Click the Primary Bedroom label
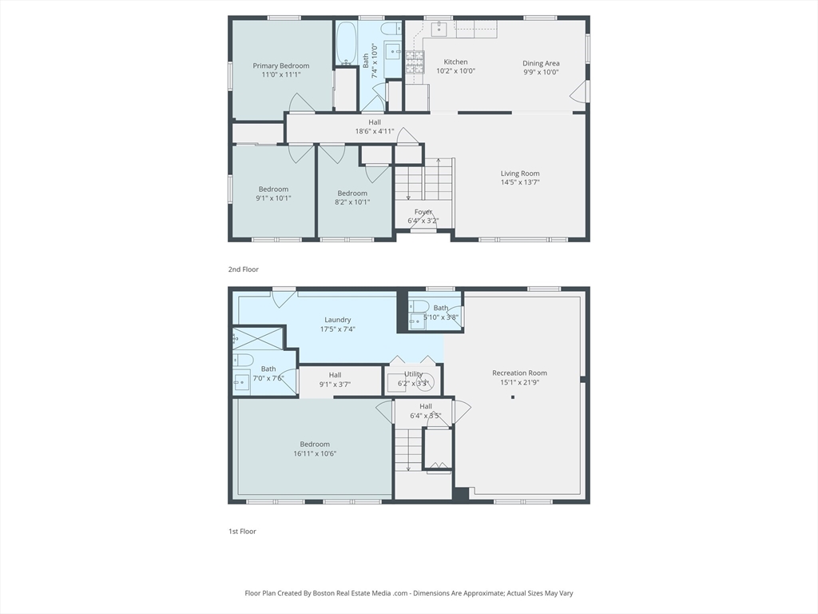pyautogui.click(x=280, y=66)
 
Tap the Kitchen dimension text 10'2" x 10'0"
pyautogui.click(x=455, y=71)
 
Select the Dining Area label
pyautogui.click(x=541, y=63)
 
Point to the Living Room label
pyautogui.click(x=520, y=173)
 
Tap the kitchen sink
pyautogui.click(x=440, y=29)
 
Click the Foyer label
pyautogui.click(x=423, y=211)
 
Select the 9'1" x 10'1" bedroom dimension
pyautogui.click(x=273, y=198)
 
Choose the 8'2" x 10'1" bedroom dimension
pyautogui.click(x=352, y=202)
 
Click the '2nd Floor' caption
pyautogui.click(x=243, y=269)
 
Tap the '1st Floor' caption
pyautogui.click(x=242, y=532)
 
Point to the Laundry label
pyautogui.click(x=338, y=320)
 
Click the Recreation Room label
pyautogui.click(x=519, y=373)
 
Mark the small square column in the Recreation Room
pyautogui.click(x=513, y=397)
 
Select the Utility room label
pyautogui.click(x=413, y=374)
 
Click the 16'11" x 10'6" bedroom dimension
pyautogui.click(x=315, y=454)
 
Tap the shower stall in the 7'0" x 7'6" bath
pyautogui.click(x=259, y=339)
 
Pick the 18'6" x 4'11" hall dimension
pyautogui.click(x=375, y=132)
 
